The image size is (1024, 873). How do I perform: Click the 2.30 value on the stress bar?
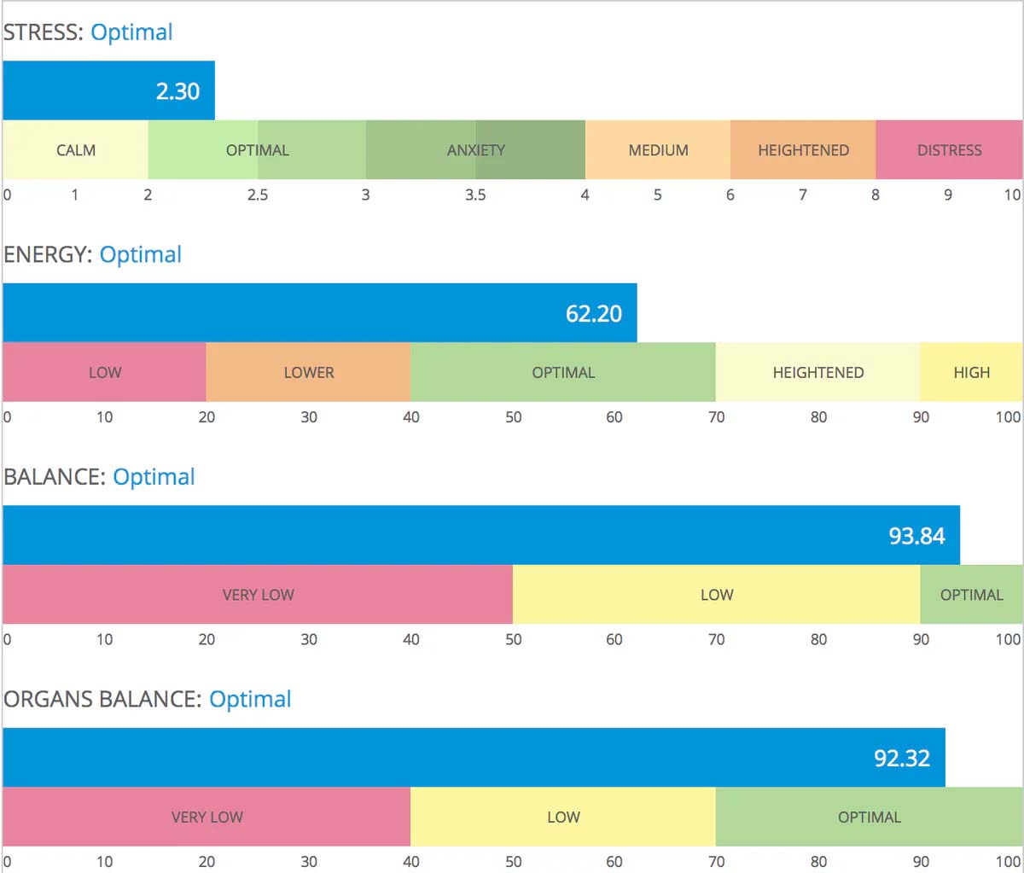[x=177, y=91]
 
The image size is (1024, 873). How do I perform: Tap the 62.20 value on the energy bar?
[x=594, y=314]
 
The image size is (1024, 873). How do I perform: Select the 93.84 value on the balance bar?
[x=916, y=536]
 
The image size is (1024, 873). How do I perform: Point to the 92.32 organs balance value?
[x=902, y=759]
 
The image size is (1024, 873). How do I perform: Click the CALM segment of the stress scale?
[x=76, y=150]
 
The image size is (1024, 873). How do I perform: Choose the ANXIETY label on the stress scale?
[x=476, y=150]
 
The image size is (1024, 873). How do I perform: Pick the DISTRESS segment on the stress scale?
[x=949, y=150]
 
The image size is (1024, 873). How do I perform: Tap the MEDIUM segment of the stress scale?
[x=658, y=150]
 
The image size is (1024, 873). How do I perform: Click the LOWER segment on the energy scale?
[x=309, y=373]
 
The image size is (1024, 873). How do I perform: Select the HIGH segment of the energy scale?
[x=971, y=373]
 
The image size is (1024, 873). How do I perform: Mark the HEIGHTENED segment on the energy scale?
[x=817, y=373]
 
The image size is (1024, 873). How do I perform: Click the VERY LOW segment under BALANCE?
[x=258, y=595]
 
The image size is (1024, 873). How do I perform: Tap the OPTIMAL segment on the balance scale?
[x=971, y=595]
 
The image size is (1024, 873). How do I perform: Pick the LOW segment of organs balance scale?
[x=563, y=818]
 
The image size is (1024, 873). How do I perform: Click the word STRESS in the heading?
[x=41, y=32]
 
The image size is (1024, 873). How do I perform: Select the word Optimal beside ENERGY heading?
[x=141, y=255]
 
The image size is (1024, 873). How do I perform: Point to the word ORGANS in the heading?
[x=49, y=700]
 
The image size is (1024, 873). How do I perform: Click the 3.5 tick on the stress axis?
[x=475, y=195]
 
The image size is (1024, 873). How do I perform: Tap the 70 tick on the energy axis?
[x=716, y=417]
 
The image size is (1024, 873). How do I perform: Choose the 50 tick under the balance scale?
[x=513, y=640]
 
